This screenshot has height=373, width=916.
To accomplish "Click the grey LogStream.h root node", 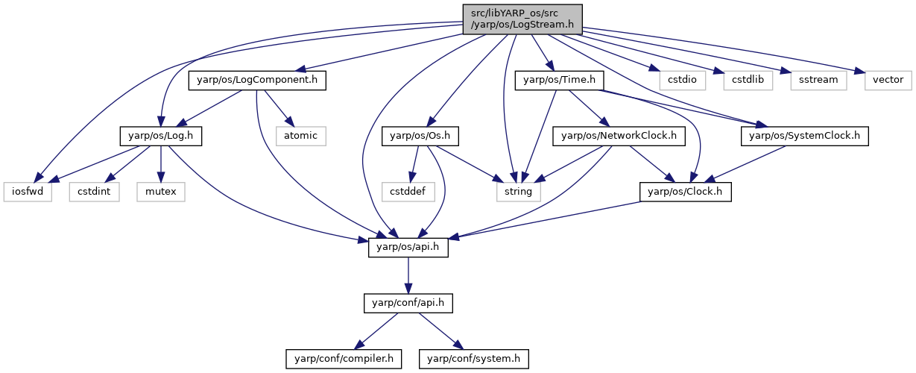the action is click(x=522, y=19).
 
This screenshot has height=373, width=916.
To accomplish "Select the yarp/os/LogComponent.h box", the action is click(x=257, y=81).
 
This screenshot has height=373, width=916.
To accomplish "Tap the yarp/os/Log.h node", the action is click(x=161, y=136).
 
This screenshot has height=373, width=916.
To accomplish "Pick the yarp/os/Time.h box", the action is click(x=559, y=81).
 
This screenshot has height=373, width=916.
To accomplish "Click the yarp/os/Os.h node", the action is click(x=420, y=136).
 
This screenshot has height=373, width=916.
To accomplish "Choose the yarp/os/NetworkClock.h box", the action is click(x=619, y=136).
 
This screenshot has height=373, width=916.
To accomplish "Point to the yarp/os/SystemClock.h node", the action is click(x=804, y=136).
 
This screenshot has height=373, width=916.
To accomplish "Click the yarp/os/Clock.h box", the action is click(x=686, y=192).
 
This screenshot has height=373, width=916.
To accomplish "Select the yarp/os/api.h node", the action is click(x=408, y=248).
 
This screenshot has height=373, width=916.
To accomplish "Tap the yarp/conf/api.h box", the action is click(x=408, y=303).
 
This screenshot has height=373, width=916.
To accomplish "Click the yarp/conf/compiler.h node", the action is click(x=344, y=359).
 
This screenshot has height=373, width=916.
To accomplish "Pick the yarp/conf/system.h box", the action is click(x=473, y=359).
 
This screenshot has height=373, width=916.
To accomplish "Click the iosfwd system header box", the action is click(x=28, y=192).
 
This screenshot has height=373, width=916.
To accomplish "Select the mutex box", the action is click(x=161, y=192).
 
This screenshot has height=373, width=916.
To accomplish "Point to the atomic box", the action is click(x=301, y=136).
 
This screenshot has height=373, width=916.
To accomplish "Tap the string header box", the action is click(x=519, y=192).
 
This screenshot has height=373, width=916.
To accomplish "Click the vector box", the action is click(x=888, y=81).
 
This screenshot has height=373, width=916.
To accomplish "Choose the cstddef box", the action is click(x=408, y=192).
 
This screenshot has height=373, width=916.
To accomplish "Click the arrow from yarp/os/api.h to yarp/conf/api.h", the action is click(x=408, y=275).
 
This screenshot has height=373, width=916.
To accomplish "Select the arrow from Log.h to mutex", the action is click(x=161, y=164).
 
